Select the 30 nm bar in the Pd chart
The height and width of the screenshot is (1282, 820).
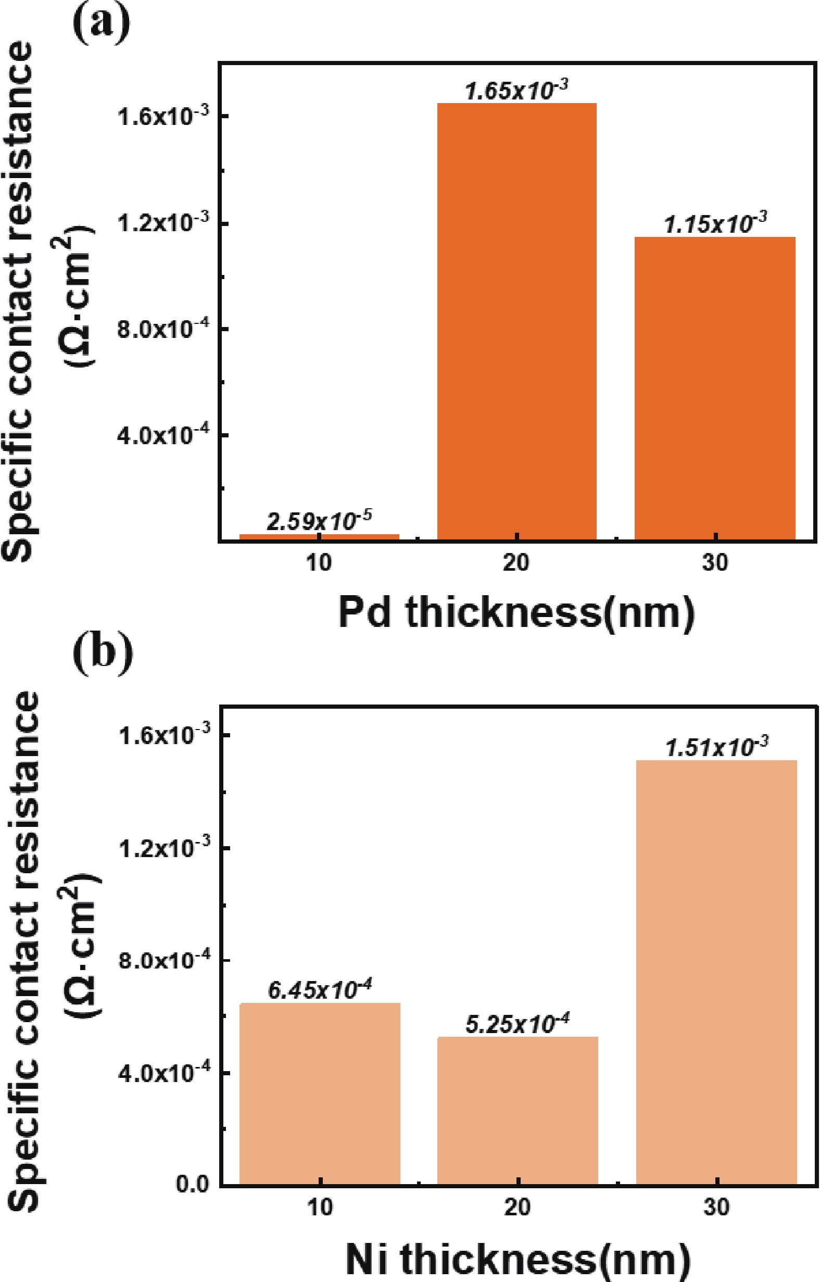point(714,388)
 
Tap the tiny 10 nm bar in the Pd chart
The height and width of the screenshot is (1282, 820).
point(319,537)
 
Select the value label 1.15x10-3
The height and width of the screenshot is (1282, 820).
point(714,224)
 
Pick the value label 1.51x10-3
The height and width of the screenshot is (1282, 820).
point(716,748)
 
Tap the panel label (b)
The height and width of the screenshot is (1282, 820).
point(102,652)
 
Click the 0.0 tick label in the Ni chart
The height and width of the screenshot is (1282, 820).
point(193,1185)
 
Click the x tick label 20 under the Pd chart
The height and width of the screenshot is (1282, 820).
point(516,563)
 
